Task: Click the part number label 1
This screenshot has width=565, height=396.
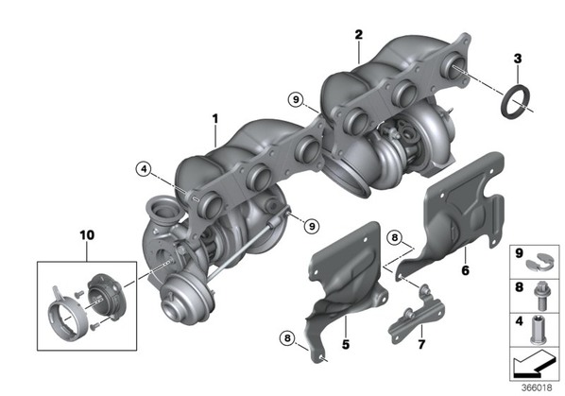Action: (x=215, y=118)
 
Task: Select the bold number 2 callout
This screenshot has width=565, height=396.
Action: (x=358, y=35)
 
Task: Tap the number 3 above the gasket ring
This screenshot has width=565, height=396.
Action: (x=518, y=59)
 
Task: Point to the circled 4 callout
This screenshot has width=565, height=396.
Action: (x=145, y=168)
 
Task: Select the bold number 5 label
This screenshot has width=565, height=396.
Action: (x=346, y=344)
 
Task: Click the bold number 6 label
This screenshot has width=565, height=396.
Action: (x=465, y=270)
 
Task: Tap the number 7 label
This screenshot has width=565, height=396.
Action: (x=421, y=344)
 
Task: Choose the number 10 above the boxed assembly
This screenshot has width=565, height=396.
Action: (x=87, y=235)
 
